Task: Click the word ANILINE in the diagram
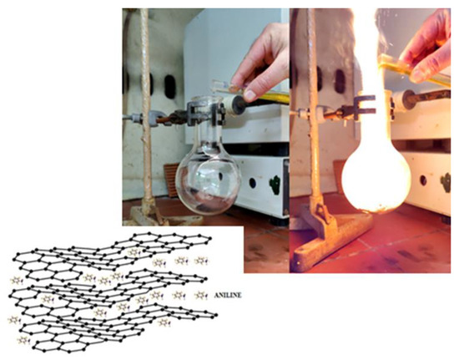coord(228,295)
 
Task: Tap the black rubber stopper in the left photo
coord(240,104)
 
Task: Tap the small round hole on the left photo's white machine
coord(252,183)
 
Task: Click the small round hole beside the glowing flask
coord(423,180)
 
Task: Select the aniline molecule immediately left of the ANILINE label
coord(201,296)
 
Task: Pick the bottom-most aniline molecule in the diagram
coord(24,340)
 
